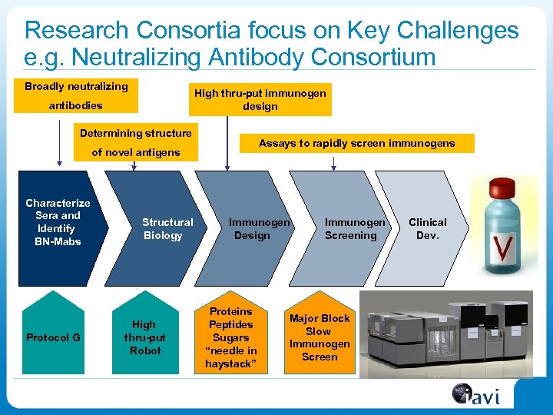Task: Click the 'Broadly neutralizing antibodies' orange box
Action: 76,95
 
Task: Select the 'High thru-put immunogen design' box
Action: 260,99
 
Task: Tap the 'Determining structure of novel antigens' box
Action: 136,142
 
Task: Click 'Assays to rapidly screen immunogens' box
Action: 356,143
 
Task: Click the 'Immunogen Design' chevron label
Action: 257,228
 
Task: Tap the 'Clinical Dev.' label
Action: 427,228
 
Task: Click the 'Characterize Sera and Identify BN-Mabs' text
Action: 58,222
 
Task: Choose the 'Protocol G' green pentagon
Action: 53,337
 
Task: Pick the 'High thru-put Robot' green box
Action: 144,337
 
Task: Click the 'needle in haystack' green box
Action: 231,337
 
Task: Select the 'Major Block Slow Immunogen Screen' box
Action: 320,337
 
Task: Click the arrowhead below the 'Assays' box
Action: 333,164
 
